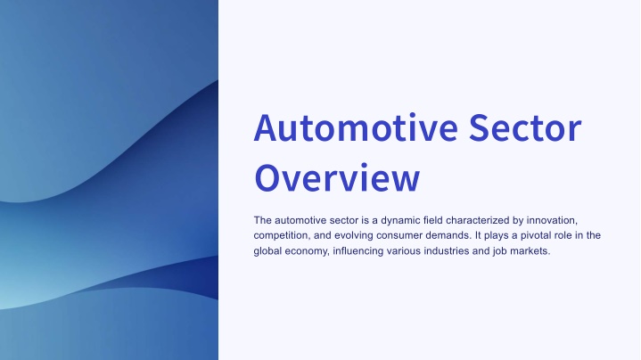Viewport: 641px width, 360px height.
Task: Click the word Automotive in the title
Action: click(356, 127)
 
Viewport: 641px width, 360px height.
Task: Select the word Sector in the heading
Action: click(525, 127)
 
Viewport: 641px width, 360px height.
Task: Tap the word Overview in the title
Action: click(337, 177)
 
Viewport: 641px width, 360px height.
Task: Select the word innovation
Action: click(552, 221)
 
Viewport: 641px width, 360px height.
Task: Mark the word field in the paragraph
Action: click(433, 220)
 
